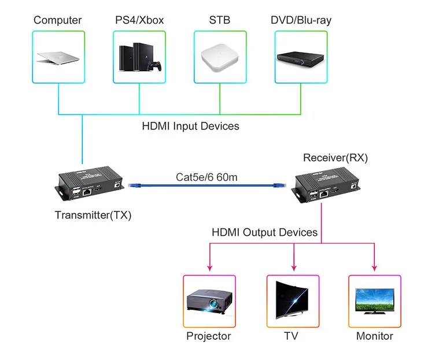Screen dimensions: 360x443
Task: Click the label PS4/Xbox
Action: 139,20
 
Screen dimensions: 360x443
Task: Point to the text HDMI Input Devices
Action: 190,125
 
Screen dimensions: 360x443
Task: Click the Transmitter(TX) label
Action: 93,216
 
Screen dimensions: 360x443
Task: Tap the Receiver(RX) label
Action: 335,158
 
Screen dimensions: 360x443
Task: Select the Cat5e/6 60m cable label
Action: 206,177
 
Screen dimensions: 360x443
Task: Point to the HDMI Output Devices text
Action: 265,232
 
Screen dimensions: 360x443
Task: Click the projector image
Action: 209,303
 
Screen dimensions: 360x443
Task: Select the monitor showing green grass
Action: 374,302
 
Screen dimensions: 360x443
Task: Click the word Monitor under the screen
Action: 374,336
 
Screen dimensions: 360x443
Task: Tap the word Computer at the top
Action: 58,20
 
